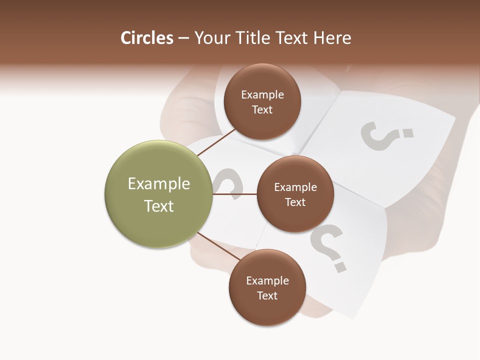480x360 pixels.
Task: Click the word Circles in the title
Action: coord(147,38)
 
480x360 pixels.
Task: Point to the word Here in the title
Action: coord(332,38)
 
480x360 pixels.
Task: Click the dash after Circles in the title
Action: coord(183,38)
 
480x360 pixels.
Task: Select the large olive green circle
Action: coord(158,194)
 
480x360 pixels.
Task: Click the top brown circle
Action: coord(262,102)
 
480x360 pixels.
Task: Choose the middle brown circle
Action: coord(295,194)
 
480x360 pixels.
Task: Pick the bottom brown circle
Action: coord(267,287)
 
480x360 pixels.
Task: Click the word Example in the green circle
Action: coord(159,184)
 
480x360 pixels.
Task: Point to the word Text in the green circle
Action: coord(159,206)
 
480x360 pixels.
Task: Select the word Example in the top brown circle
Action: coord(262,95)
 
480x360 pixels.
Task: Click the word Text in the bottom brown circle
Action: coord(267,295)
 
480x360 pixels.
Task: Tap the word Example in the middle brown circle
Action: coord(295,187)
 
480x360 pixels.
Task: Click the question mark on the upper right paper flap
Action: coord(386,135)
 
